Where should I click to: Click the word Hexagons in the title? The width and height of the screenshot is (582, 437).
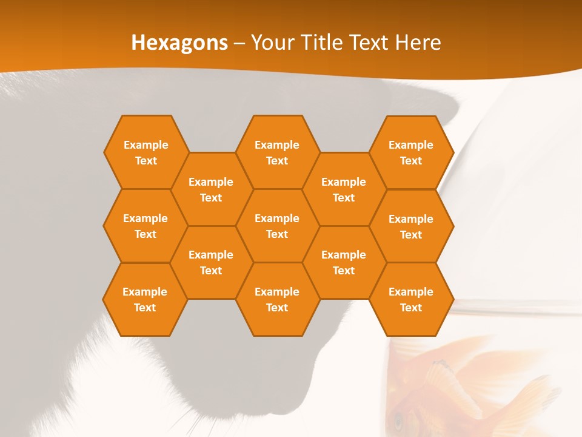[179, 42]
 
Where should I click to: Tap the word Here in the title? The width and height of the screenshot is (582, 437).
[418, 42]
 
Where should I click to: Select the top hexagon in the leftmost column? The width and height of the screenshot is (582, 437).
[145, 152]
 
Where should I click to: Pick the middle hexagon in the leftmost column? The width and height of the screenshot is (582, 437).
[145, 226]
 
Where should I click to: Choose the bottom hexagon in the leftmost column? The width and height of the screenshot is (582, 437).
[145, 299]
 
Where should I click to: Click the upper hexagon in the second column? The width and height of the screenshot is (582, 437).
[211, 189]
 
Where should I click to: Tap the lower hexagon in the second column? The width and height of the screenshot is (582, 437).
[211, 262]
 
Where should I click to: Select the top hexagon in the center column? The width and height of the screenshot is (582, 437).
[277, 152]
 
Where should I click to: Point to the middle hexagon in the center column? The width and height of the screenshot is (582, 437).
[277, 226]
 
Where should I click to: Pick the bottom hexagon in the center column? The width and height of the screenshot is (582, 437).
[277, 299]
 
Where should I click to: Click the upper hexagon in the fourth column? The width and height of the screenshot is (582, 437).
[344, 189]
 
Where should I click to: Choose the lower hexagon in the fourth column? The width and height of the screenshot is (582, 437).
[344, 262]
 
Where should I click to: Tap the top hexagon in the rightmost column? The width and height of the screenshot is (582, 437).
[411, 152]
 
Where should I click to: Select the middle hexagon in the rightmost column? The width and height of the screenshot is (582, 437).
[411, 226]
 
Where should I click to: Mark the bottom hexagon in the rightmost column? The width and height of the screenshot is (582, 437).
[411, 299]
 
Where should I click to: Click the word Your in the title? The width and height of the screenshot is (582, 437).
[269, 42]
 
